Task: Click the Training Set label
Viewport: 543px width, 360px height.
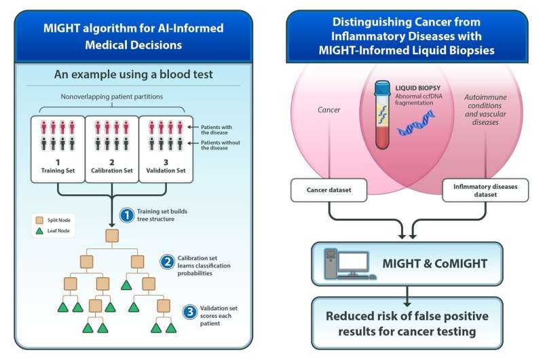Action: [x=57, y=172]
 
